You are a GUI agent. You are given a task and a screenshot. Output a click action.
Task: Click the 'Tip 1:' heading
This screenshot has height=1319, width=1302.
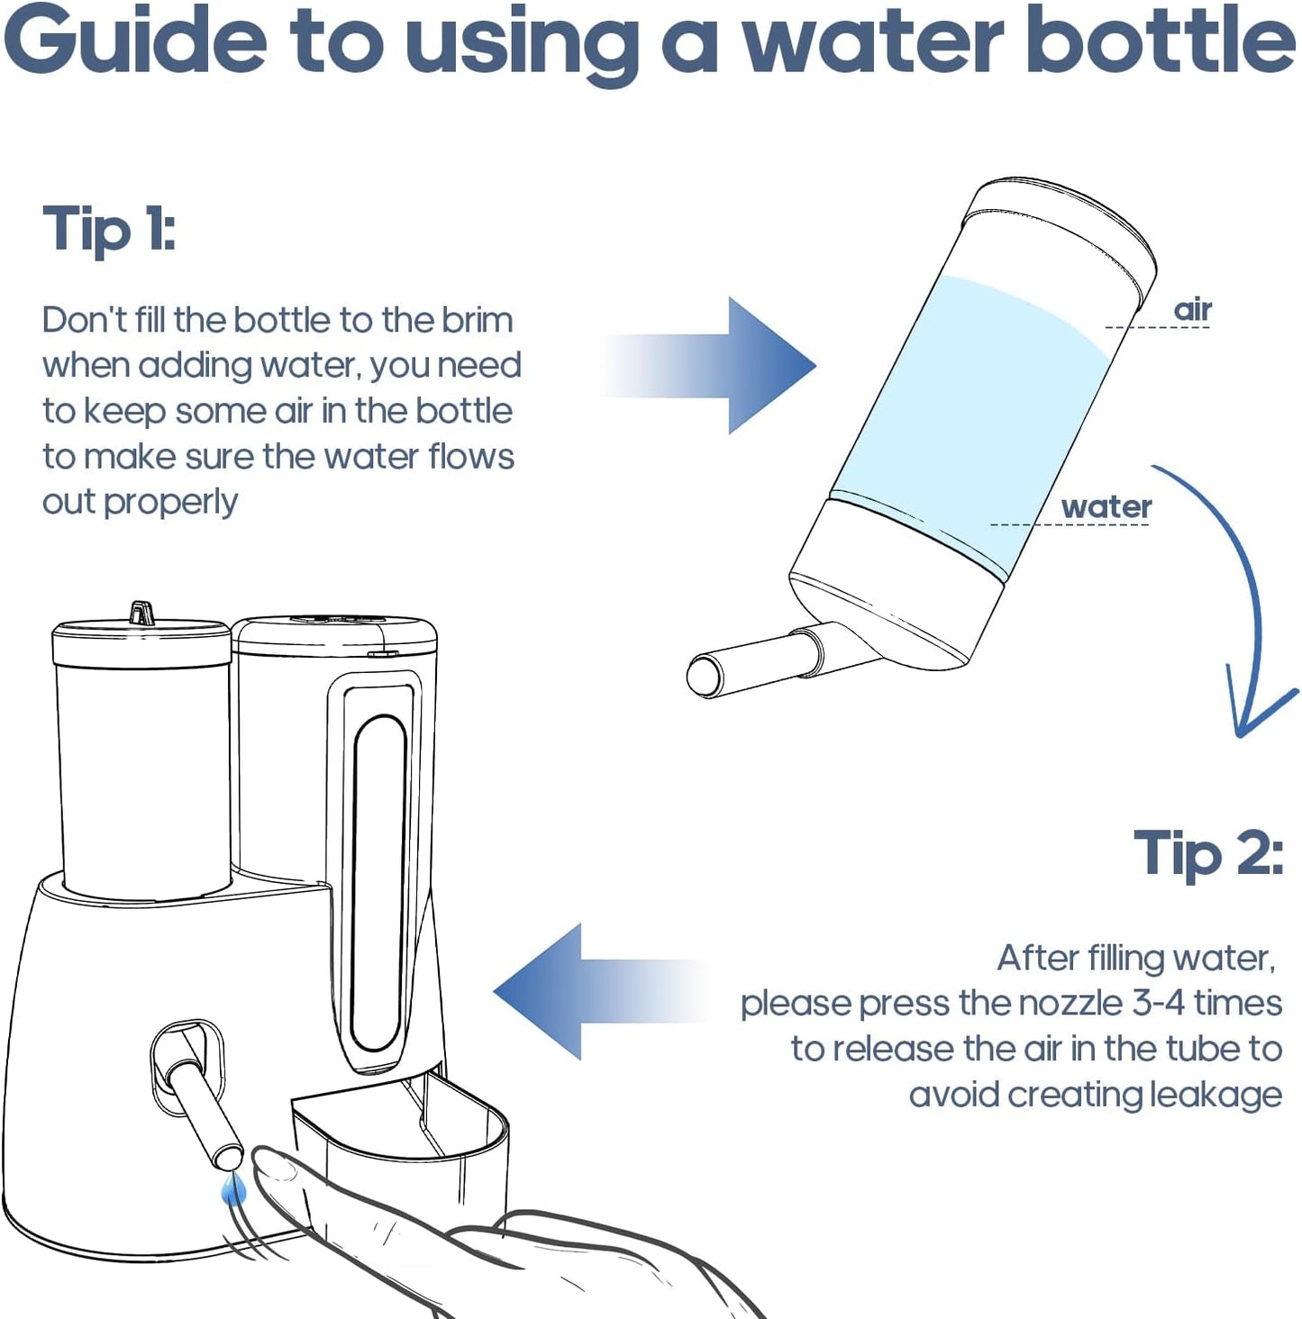109,229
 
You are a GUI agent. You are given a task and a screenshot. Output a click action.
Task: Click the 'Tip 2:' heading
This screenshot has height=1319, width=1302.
1207,852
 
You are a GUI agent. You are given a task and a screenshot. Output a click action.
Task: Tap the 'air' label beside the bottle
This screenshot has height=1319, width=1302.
1192,310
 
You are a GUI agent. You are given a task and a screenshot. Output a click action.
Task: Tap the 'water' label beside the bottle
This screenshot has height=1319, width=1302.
1106,507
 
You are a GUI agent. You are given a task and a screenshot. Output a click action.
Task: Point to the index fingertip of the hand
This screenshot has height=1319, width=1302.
270,1167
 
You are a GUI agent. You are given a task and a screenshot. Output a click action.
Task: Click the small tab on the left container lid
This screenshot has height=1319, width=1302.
141,613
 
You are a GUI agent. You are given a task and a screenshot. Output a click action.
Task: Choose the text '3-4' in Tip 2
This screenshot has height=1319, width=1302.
1158,1004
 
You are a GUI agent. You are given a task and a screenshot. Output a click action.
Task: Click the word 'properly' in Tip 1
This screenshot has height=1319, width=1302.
170,503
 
